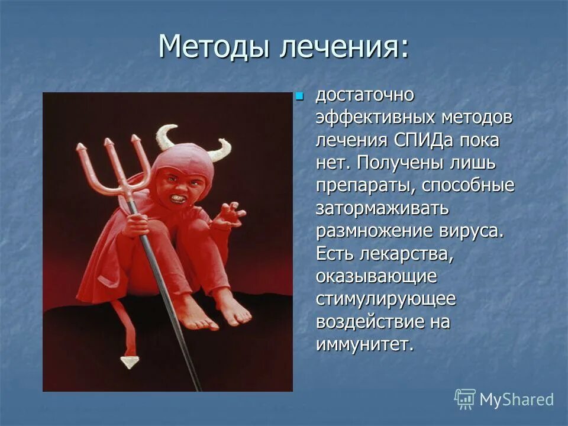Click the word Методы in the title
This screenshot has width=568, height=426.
point(214,47)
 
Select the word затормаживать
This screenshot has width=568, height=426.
point(382,208)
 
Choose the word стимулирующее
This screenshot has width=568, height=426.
point(386,299)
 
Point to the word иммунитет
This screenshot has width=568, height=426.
point(364,344)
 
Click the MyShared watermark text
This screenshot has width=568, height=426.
point(516,399)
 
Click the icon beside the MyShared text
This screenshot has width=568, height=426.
point(465,399)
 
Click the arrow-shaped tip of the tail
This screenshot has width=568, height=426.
point(128,362)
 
